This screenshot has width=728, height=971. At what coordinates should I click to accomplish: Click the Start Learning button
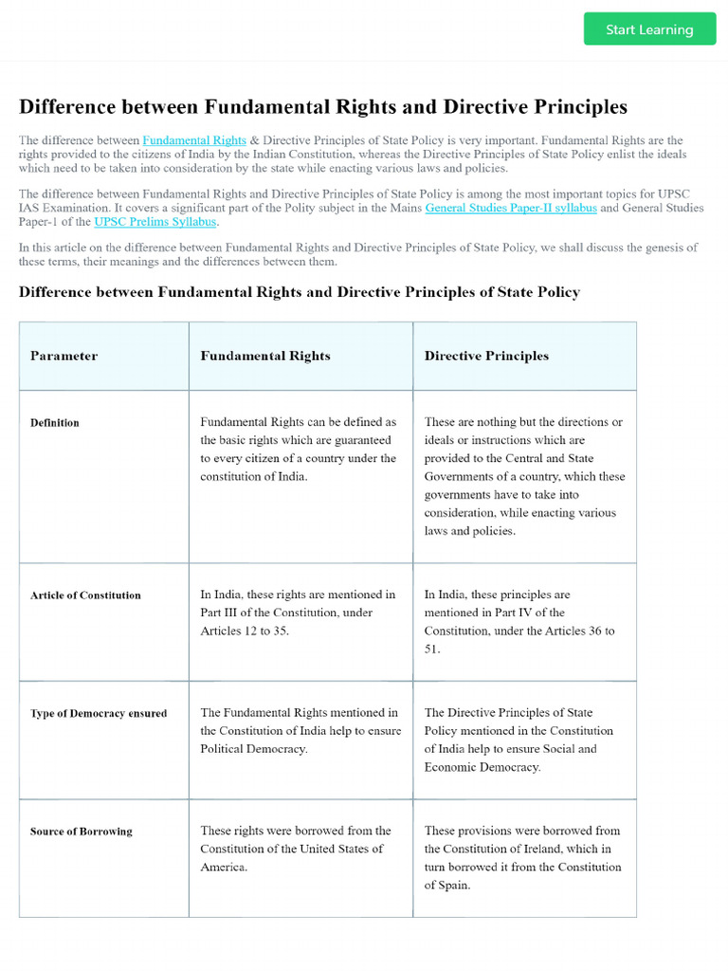649,29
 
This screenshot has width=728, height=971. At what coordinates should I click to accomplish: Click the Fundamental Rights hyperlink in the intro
194,140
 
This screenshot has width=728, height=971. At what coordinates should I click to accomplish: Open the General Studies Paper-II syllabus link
510,208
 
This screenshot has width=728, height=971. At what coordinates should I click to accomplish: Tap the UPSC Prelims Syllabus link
155,222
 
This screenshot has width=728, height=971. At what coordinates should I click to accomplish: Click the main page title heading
323,106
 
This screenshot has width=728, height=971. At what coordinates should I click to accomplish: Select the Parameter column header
64,357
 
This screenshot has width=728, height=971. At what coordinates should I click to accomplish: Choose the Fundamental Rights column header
265,357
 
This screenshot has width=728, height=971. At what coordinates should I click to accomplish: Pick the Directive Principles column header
486,357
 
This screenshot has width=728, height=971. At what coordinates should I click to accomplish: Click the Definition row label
55,423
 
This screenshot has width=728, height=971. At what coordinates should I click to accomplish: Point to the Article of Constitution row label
85,595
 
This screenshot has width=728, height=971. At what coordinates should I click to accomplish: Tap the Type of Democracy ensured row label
99,714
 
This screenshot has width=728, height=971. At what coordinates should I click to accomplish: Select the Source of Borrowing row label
82,832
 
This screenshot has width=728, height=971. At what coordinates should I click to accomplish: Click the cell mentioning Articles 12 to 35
299,613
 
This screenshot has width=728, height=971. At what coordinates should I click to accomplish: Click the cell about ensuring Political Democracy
300,730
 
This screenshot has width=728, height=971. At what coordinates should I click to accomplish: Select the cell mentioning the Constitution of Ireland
522,857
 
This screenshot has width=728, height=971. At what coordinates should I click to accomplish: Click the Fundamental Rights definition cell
299,449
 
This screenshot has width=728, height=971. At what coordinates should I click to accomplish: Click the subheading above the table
300,292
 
